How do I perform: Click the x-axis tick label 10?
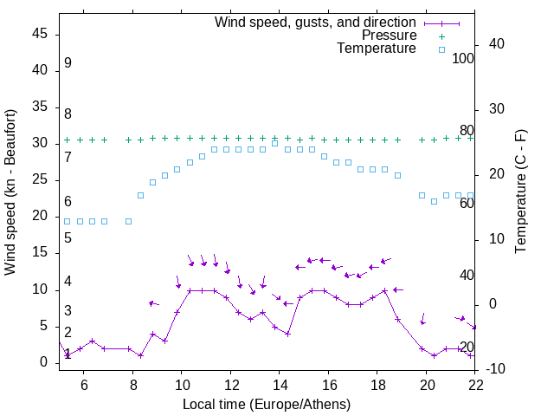182,385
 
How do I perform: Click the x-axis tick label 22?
475,385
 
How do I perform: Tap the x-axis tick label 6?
84,385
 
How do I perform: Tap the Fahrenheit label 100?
463,59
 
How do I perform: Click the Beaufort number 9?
68,64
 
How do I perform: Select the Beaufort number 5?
68,238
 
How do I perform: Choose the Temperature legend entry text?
377,49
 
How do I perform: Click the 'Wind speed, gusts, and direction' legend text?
316,23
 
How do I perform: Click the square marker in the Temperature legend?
441,49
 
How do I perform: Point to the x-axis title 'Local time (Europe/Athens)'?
267,405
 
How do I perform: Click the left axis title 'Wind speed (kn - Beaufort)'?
10,192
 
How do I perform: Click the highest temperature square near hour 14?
274,143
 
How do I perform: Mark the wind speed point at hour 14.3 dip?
287,334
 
